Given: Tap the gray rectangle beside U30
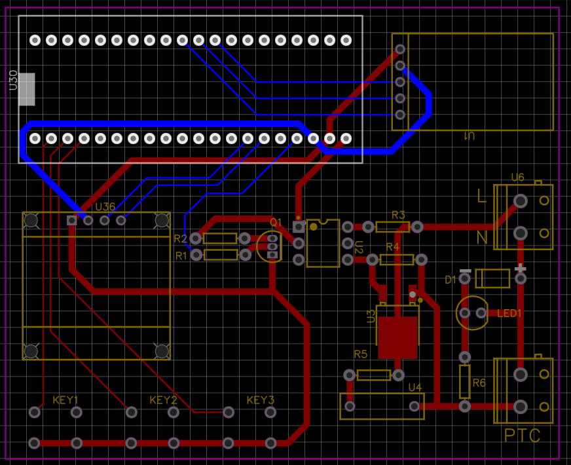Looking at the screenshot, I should (x=27, y=89).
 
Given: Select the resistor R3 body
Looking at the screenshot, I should (x=393, y=227).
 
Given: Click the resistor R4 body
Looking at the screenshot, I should (x=397, y=260).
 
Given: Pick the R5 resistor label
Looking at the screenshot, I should (x=361, y=354).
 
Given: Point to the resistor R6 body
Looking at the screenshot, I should (x=464, y=382).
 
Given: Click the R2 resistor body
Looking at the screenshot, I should (x=220, y=239).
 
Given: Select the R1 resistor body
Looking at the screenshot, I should (x=220, y=255).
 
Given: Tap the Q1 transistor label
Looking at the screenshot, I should (x=276, y=223).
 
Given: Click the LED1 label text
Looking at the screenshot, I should (x=509, y=314).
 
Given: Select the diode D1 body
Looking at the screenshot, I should (x=492, y=279).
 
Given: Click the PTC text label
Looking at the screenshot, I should (x=522, y=436).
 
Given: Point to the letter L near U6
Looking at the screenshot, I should (x=481, y=195).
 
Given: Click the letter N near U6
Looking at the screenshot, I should (x=482, y=237).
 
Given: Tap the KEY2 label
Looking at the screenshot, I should (x=163, y=400).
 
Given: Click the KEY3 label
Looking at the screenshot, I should (x=261, y=400).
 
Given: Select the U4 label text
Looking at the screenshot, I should (x=415, y=388).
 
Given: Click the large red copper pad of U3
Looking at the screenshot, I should (x=397, y=337).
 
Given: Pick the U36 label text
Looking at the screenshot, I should (x=105, y=207).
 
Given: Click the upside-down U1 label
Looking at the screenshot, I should (x=469, y=136).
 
